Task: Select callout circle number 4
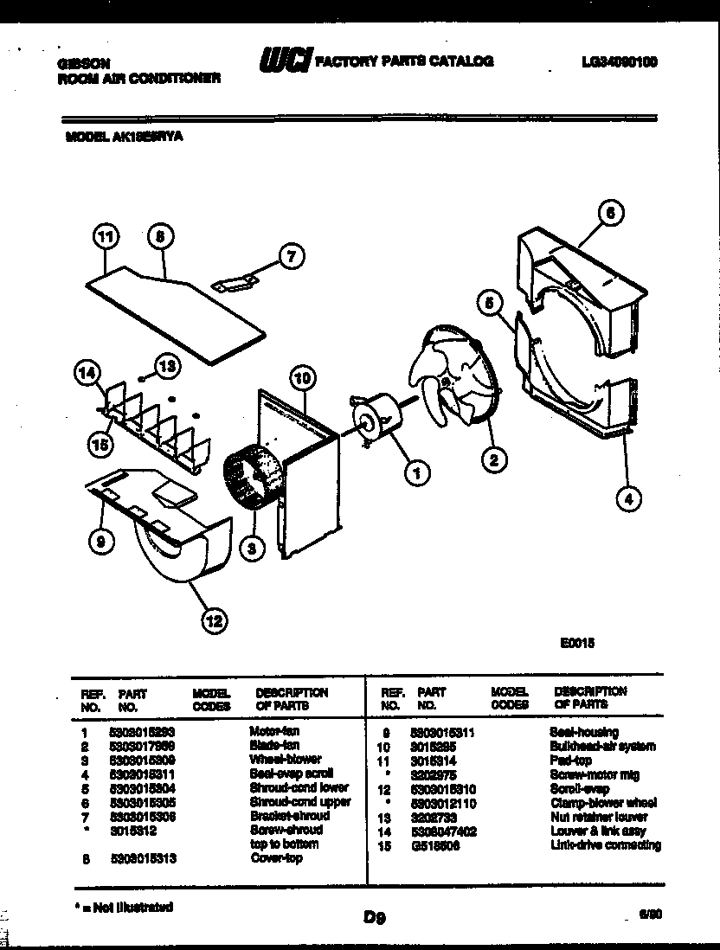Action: (629, 497)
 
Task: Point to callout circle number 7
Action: (292, 255)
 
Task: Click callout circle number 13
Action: (167, 366)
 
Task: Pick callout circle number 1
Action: (417, 472)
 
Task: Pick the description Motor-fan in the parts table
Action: (274, 732)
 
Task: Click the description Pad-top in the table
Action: (570, 760)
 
